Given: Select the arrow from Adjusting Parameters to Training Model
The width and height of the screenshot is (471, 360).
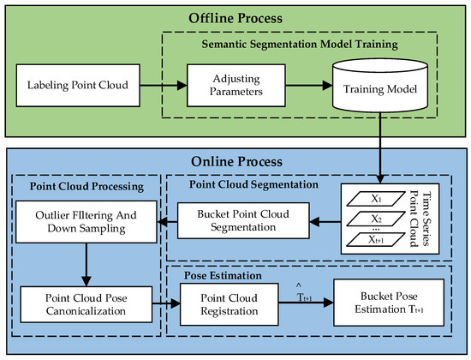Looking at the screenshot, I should pyautogui.click(x=296, y=86).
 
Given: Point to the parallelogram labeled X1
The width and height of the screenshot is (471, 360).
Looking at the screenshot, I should pyautogui.click(x=373, y=198).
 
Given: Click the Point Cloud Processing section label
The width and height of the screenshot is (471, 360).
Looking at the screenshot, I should pyautogui.click(x=75, y=185).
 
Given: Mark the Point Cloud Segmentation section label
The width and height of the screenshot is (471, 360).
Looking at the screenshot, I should pyautogui.click(x=253, y=185).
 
